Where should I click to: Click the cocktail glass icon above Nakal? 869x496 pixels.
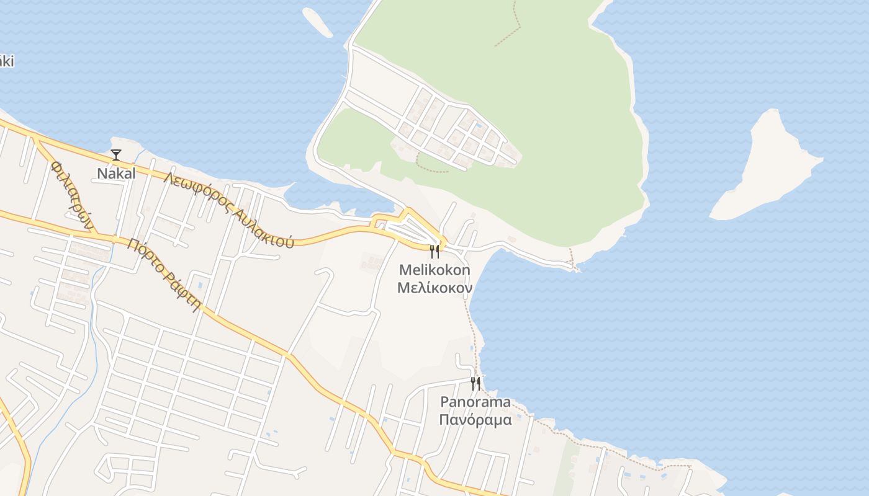tap(116, 154)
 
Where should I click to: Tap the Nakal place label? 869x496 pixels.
tap(116, 174)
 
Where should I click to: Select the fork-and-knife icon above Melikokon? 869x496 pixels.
tap(434, 251)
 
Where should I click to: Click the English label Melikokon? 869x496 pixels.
tap(434, 270)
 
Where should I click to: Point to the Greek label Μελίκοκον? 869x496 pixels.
tap(434, 288)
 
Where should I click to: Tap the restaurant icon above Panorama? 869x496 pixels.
tap(475, 383)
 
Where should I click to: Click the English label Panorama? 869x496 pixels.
tap(475, 402)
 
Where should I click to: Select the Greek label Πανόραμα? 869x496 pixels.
tap(475, 420)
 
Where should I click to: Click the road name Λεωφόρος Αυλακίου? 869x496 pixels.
tap(228, 210)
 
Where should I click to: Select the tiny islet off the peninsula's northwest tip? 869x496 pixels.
tap(318, 22)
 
